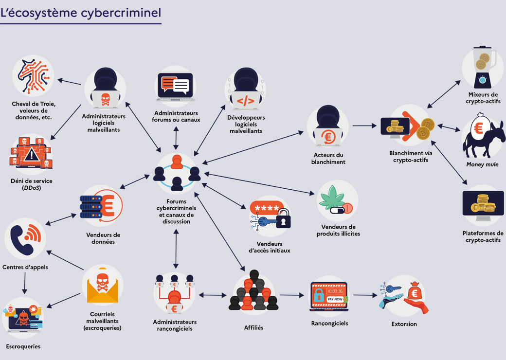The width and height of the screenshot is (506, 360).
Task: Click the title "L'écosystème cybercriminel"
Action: point(81,13)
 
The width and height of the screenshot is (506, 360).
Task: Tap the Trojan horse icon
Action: point(34,75)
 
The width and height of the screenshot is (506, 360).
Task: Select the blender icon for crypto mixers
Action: point(483,67)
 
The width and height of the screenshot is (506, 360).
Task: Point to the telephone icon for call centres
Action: point(26,239)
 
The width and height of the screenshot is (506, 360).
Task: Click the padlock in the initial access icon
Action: point(283,219)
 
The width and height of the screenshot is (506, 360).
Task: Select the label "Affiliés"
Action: point(253,327)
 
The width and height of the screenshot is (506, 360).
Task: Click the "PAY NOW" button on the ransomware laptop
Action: point(335,299)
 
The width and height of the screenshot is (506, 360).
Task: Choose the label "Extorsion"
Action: point(404,324)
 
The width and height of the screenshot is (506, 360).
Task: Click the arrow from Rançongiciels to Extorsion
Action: point(365,295)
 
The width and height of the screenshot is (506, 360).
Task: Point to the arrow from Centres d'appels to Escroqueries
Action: point(25,283)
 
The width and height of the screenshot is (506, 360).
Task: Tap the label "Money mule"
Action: point(482,164)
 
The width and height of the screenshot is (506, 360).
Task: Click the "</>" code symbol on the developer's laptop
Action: point(246,101)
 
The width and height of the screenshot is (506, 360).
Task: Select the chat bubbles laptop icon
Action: point(176,87)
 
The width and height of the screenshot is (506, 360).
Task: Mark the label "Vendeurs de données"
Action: point(103,238)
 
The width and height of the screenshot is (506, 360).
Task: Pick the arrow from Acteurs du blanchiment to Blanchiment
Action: point(364,126)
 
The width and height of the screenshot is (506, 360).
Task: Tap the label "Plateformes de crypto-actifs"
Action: point(483,236)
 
